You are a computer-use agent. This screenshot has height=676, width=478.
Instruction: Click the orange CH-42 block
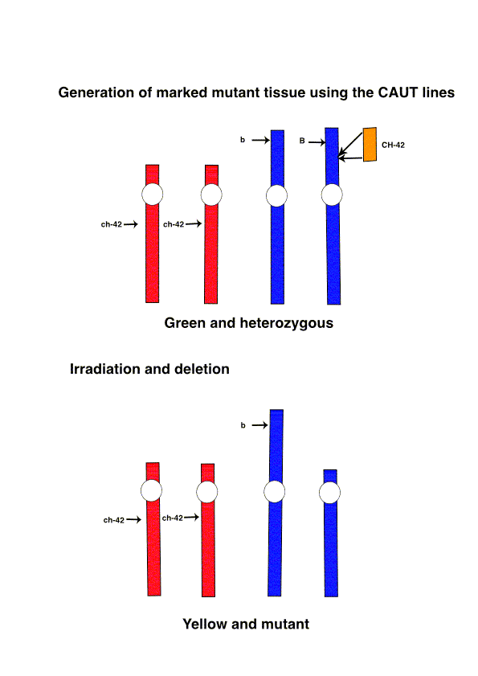[x=370, y=145]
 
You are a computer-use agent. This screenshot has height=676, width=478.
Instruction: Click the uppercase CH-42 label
[x=393, y=145]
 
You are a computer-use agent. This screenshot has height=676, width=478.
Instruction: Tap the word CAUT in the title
[x=398, y=92]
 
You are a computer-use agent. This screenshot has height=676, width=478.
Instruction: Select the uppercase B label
[x=302, y=141]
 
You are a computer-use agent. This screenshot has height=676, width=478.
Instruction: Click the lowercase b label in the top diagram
[x=243, y=140]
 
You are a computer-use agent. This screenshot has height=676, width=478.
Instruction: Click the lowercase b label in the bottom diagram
[x=243, y=425]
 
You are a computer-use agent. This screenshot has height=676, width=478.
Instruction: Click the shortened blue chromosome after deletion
[x=331, y=533]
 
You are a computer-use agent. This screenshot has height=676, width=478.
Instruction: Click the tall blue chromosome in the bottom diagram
[x=276, y=502]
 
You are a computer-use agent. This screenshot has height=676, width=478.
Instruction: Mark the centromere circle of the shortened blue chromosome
[x=329, y=493]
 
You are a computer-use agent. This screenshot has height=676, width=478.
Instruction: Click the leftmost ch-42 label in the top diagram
[x=112, y=224]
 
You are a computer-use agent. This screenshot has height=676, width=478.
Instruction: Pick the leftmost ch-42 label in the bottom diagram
[x=114, y=520]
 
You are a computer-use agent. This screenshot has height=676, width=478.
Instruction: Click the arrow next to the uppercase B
[x=317, y=141]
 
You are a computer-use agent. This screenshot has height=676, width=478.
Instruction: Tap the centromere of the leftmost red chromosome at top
[x=152, y=194]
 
